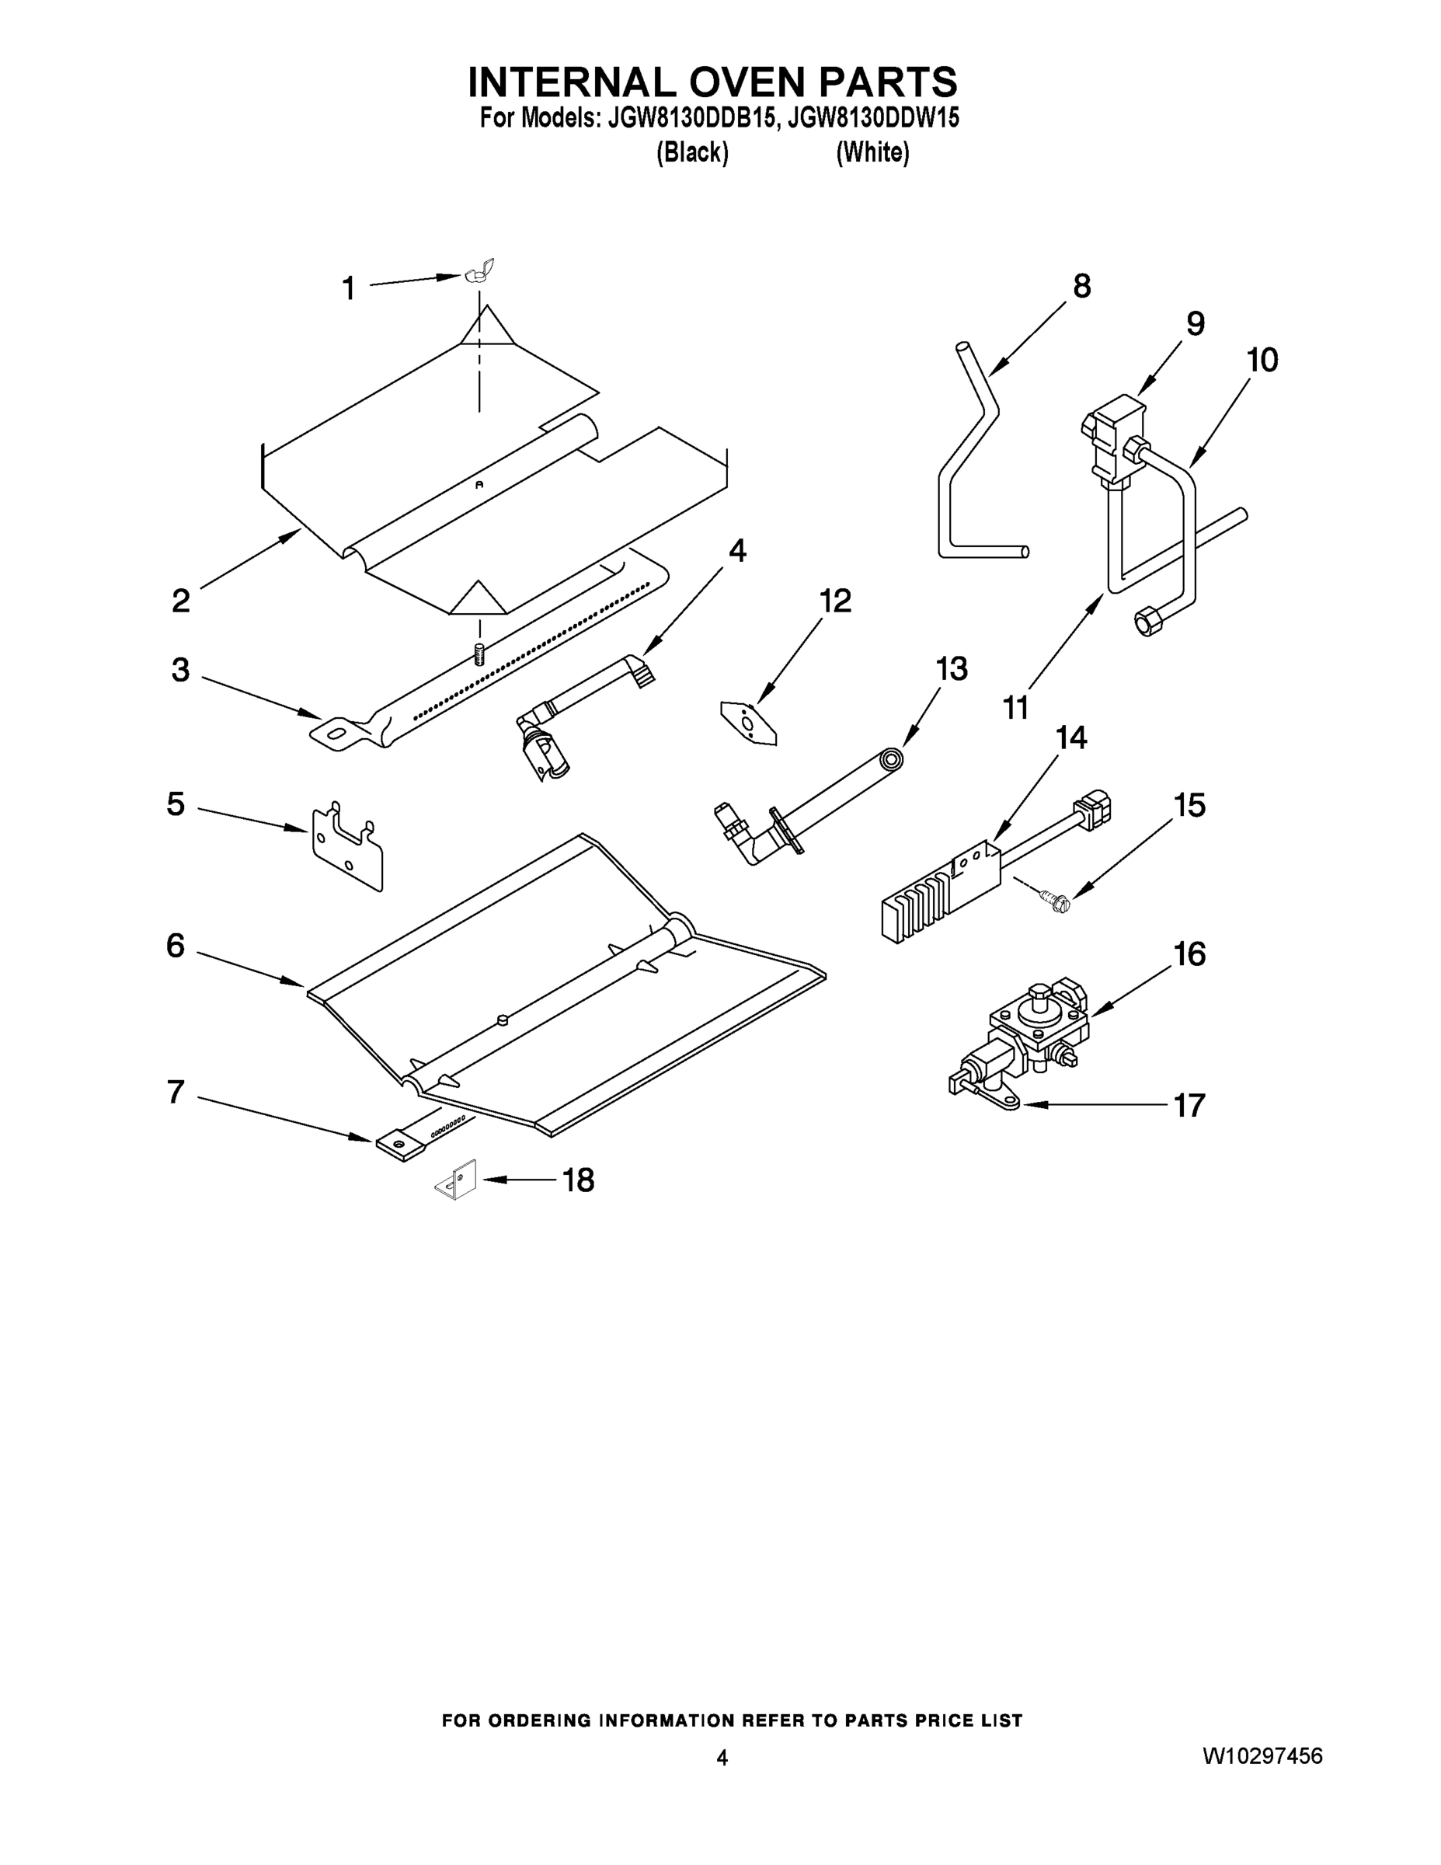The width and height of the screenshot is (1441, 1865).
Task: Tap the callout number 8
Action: (1081, 286)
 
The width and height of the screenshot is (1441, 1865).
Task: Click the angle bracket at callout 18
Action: (458, 1182)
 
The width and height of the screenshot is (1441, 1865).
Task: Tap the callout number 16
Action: (1189, 953)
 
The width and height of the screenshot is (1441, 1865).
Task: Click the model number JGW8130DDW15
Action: (872, 118)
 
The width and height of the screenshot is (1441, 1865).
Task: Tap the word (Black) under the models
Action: (691, 153)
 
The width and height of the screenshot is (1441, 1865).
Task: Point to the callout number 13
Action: (951, 668)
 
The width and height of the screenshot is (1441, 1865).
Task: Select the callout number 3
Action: (180, 670)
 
